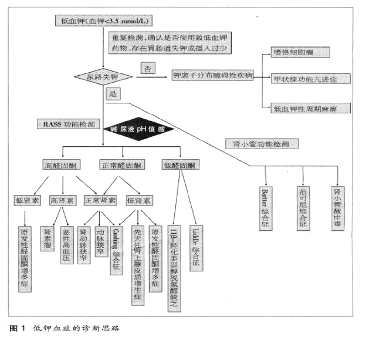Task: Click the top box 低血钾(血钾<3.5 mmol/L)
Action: pyautogui.click(x=104, y=22)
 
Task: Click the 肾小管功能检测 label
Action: pyautogui.click(x=262, y=143)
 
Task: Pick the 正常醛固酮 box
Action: pyautogui.click(x=121, y=166)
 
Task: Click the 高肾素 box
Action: pyautogui.click(x=63, y=201)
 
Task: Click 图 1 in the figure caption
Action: pyautogui.click(x=18, y=327)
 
